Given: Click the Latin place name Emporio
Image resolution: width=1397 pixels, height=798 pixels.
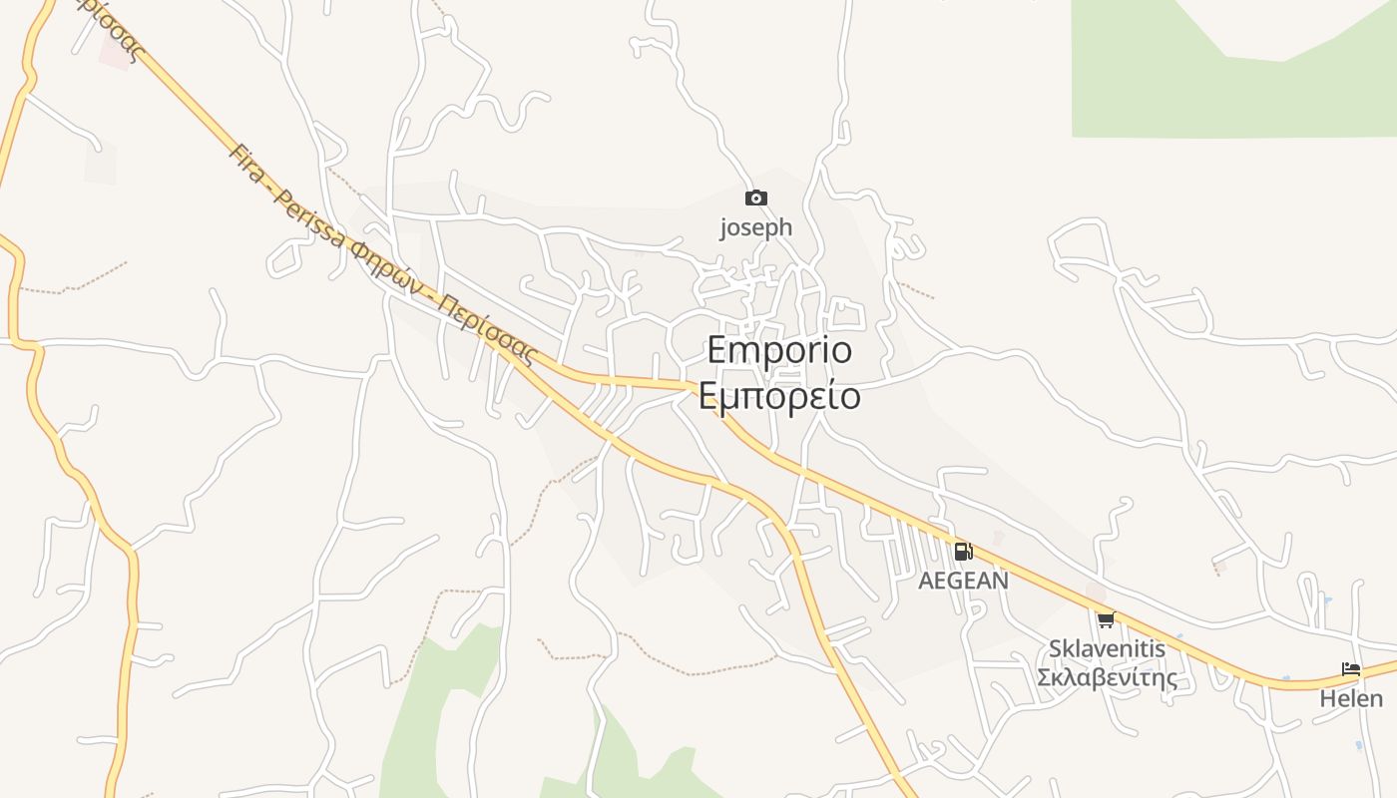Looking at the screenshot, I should [x=779, y=351].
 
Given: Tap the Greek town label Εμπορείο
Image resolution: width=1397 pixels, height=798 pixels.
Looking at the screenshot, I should [x=779, y=396].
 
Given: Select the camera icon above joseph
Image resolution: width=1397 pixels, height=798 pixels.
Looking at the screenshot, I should [x=756, y=198].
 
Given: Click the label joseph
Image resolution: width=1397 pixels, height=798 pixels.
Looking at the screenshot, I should [x=756, y=227].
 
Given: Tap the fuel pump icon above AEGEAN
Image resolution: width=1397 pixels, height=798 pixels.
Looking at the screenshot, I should [x=963, y=552].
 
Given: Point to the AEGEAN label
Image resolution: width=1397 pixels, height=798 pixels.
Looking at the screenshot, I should [x=963, y=580].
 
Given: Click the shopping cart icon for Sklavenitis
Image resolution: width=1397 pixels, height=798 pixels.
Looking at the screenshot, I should [x=1106, y=620].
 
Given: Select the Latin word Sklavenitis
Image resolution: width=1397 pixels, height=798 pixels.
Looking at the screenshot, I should [x=1107, y=649].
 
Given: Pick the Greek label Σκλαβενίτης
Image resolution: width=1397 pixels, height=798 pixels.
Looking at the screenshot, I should [x=1107, y=678].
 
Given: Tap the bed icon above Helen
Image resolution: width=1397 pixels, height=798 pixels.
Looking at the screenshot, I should [x=1351, y=669].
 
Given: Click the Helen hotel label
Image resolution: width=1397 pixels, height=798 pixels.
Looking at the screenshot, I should [x=1351, y=698].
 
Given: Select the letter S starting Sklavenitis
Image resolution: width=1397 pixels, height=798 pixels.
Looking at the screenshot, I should [x=1056, y=649].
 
